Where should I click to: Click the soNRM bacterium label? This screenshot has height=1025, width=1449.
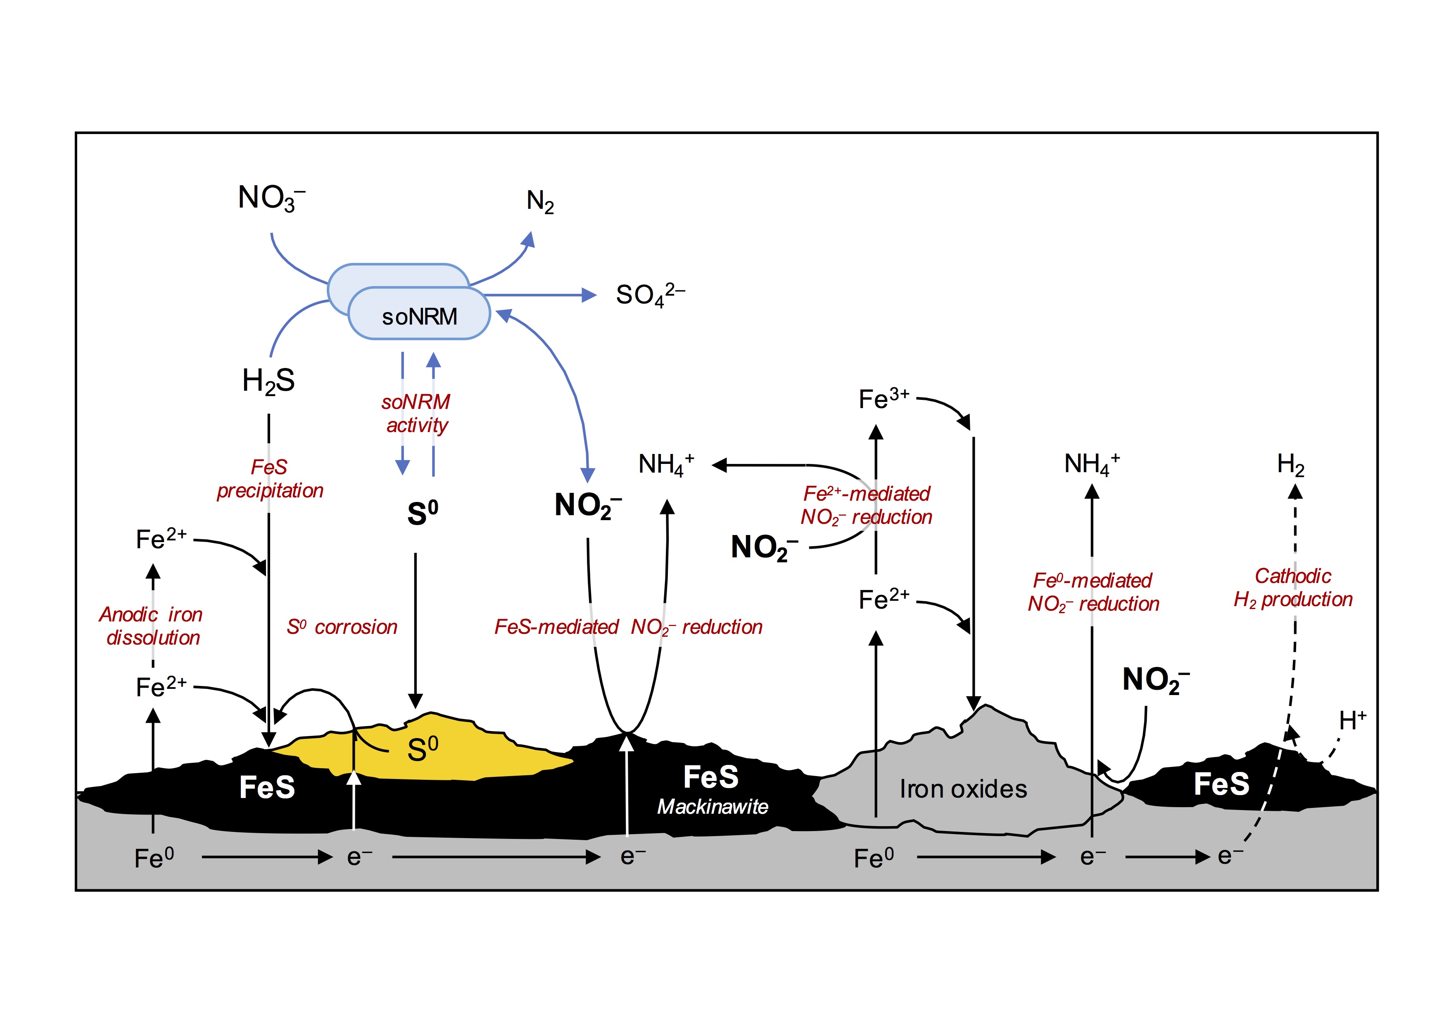419,316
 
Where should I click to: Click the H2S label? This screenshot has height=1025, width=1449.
268,381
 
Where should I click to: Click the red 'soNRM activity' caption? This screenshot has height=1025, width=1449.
416,413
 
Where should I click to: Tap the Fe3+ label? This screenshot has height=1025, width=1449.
884,399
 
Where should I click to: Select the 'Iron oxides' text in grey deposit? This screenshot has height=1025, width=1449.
963,789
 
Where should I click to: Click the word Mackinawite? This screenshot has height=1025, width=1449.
713,807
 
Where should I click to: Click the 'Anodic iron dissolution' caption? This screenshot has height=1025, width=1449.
152,626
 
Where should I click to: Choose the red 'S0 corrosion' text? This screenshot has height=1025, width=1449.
342,627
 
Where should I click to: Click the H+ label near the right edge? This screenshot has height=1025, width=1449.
1352,720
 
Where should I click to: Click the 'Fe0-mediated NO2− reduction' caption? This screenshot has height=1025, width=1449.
1093,592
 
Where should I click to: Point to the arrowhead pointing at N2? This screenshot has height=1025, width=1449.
529,240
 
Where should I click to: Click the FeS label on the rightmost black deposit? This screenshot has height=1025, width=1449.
1221,784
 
